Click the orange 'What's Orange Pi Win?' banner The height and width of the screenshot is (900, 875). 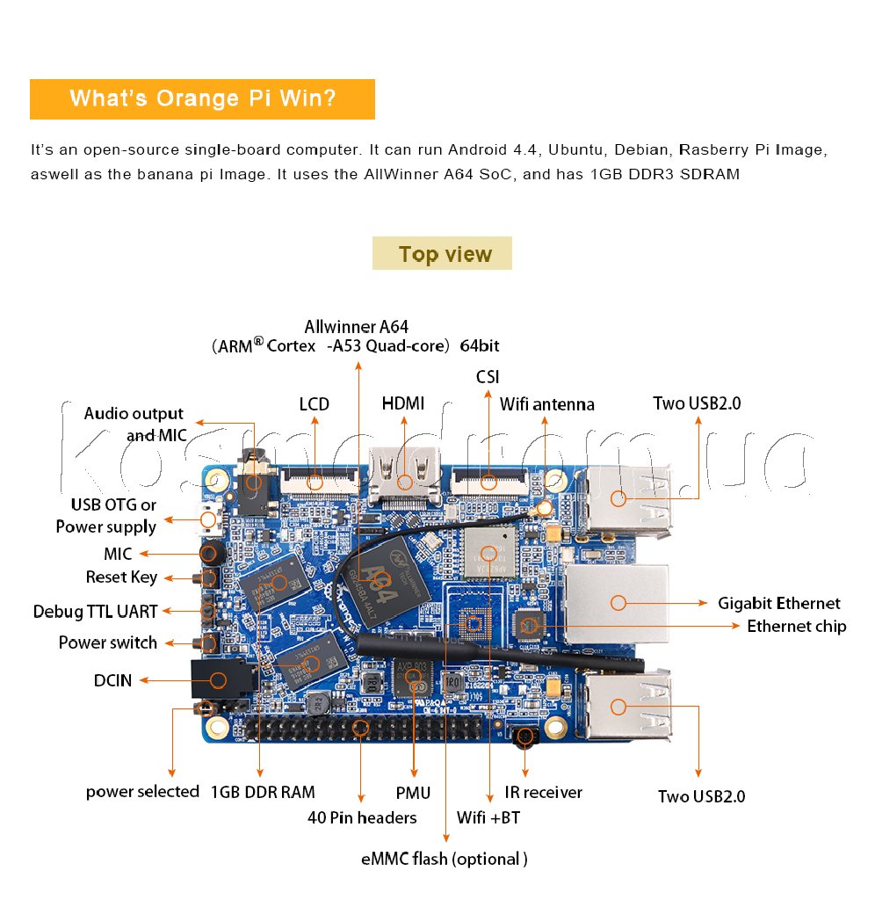click(202, 98)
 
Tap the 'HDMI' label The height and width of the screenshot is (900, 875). click(403, 403)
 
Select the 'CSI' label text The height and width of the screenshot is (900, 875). click(488, 377)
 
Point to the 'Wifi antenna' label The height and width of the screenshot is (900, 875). click(546, 404)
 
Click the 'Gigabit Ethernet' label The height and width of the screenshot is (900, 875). click(778, 603)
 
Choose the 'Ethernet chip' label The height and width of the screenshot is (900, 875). click(796, 626)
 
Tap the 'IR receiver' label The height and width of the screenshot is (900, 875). click(543, 792)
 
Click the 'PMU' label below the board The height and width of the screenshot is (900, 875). click(413, 793)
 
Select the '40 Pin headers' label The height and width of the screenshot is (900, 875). click(362, 817)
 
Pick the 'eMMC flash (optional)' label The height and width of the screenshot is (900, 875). click(445, 859)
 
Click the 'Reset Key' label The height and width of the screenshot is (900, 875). click(121, 577)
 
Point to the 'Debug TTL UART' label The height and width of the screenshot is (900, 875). click(95, 611)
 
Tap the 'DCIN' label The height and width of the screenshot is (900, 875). click(112, 679)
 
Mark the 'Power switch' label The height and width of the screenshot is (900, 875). click(107, 642)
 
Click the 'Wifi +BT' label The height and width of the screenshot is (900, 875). click(488, 817)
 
